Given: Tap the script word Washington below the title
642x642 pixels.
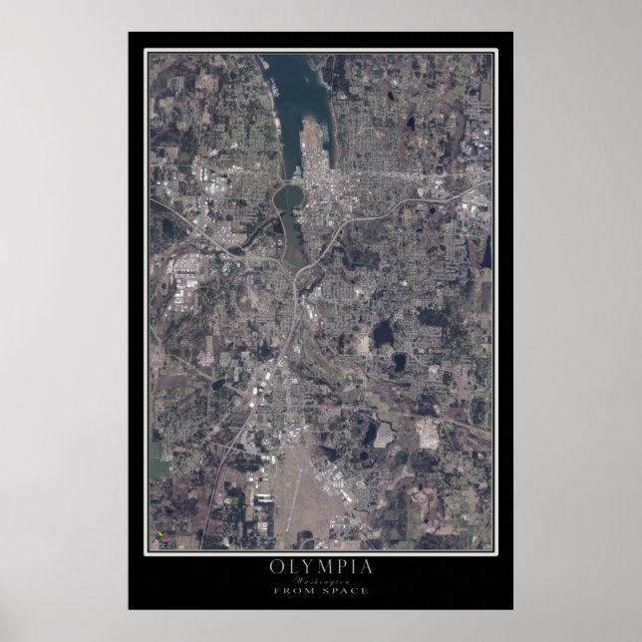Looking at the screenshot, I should [x=320, y=579].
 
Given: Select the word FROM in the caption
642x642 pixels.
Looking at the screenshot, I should [x=297, y=590].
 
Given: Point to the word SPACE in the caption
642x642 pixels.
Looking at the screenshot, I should [x=345, y=590].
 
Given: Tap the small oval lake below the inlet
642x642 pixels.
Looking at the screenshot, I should [x=289, y=195].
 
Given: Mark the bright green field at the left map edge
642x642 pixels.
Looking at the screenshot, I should [x=159, y=461].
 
